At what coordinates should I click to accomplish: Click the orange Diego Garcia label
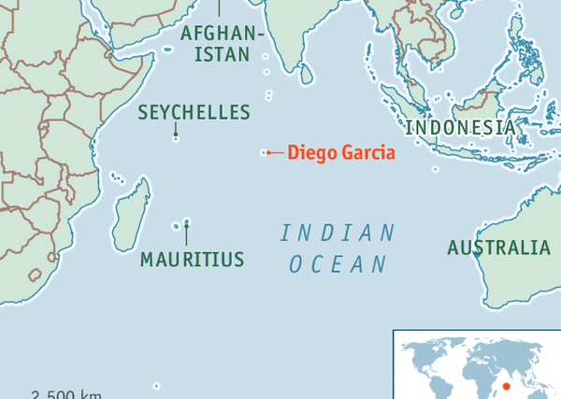tap(341, 152)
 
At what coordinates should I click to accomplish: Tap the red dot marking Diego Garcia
tap(268, 152)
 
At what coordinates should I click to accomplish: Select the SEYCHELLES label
tap(194, 113)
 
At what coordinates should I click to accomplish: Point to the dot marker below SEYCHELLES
tap(176, 135)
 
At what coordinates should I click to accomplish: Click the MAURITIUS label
tap(192, 260)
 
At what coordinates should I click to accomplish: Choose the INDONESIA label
tap(459, 127)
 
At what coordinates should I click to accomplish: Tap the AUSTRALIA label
tap(498, 248)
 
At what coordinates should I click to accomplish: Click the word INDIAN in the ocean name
tap(338, 233)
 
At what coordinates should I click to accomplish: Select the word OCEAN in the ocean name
tap(338, 264)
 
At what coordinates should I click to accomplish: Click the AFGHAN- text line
tap(223, 34)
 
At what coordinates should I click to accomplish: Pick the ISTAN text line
tap(223, 54)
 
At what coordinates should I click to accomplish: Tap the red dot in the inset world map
tap(506, 386)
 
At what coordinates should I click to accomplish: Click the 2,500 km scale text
tap(65, 393)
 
